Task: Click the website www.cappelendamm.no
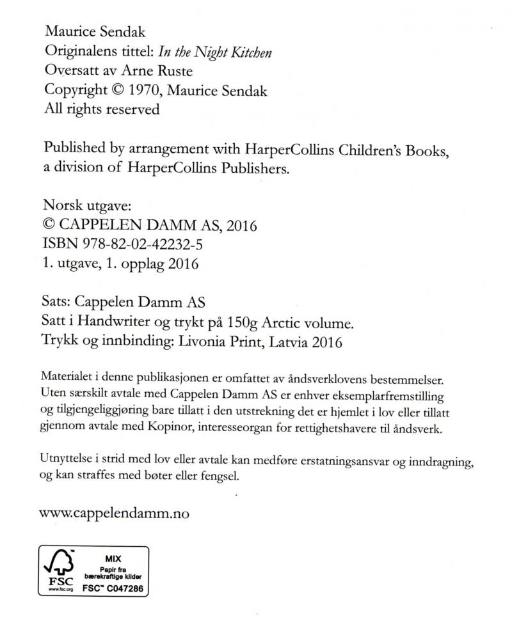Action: (x=114, y=513)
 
